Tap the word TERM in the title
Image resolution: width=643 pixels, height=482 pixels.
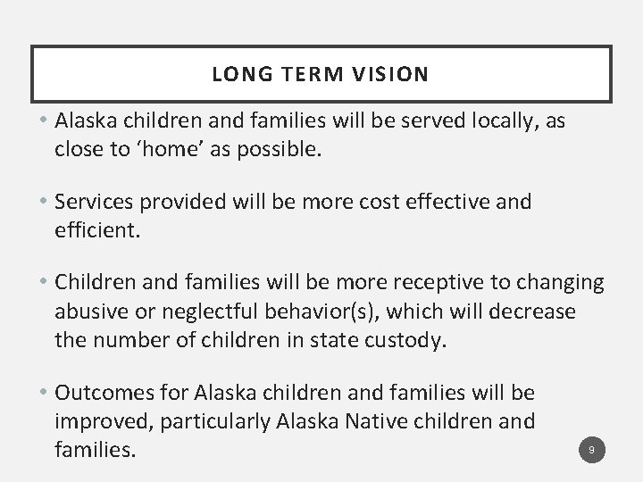tap(308, 74)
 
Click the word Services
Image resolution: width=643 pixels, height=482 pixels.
tap(95, 202)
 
